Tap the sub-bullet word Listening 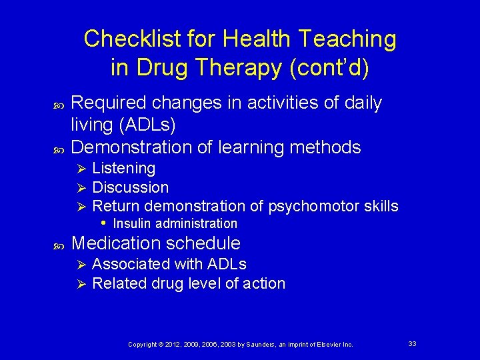click(123, 168)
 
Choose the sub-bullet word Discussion click(130, 187)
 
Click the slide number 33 click(412, 343)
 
